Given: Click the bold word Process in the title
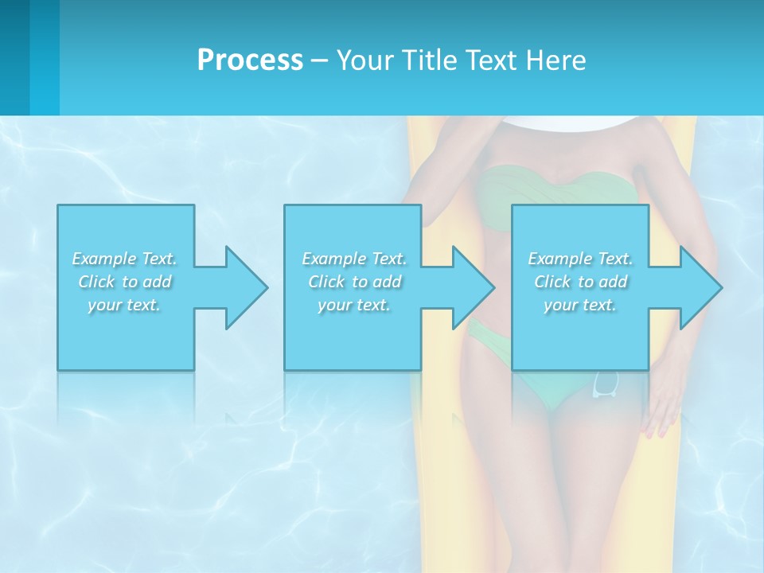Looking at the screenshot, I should [250, 60].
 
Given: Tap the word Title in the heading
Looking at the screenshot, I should [428, 60].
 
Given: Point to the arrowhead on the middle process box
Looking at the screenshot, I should [472, 287].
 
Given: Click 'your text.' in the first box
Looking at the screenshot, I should [124, 304].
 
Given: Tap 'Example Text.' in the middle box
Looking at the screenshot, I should [354, 259].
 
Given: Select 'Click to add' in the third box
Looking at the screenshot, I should [580, 282].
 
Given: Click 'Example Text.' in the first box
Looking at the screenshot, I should [124, 259].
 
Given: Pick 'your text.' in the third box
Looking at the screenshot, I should [580, 304].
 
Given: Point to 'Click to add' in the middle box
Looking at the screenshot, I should [354, 282].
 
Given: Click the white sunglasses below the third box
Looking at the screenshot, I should [606, 384].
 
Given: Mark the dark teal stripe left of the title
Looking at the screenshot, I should [15, 57].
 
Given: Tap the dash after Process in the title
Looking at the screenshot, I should [319, 60].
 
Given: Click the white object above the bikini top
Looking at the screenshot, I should [571, 122].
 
